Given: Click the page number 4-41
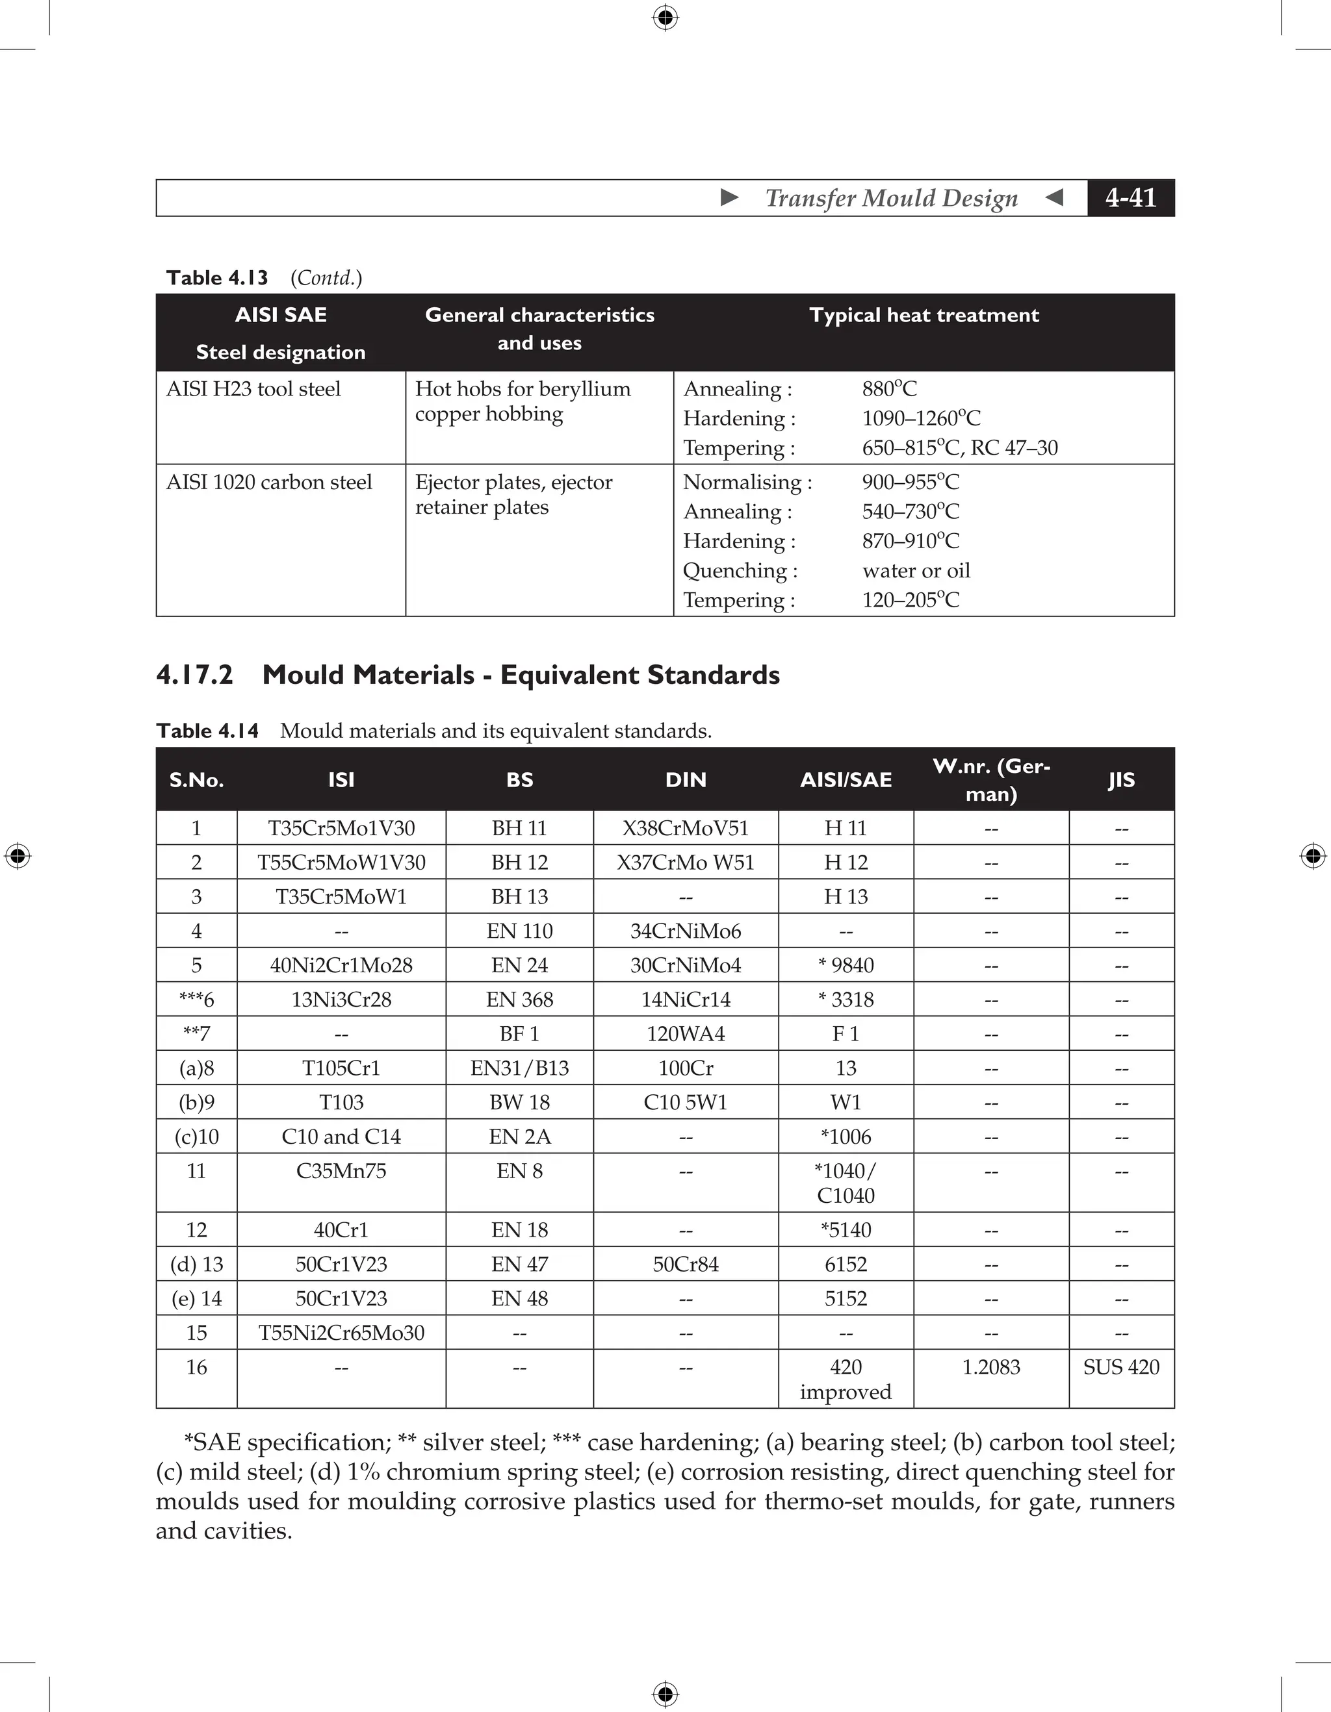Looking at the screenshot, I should click(x=1130, y=197).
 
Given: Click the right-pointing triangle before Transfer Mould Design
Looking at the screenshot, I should click(x=729, y=197).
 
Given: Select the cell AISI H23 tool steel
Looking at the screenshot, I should click(x=253, y=389).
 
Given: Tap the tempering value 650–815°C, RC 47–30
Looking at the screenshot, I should click(x=959, y=447).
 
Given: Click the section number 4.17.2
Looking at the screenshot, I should click(x=194, y=675).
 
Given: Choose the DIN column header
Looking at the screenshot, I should click(x=686, y=779).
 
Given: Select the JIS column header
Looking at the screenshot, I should click(x=1121, y=779).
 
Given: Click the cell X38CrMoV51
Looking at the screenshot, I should click(x=686, y=828).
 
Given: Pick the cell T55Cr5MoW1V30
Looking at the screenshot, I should click(x=341, y=862).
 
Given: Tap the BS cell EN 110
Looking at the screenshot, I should click(x=519, y=931).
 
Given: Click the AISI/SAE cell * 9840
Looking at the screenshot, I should click(x=846, y=965).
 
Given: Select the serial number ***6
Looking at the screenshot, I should click(x=196, y=1000).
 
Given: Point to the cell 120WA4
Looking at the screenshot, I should click(x=686, y=1034).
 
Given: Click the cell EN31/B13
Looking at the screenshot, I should click(x=519, y=1068).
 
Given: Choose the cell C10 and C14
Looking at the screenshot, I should click(x=341, y=1137).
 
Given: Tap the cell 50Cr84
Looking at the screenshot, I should click(x=686, y=1264).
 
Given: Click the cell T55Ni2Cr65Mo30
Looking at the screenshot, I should click(x=341, y=1333).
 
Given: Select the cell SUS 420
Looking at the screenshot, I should click(x=1121, y=1367).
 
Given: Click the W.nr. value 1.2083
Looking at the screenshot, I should click(x=990, y=1367).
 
